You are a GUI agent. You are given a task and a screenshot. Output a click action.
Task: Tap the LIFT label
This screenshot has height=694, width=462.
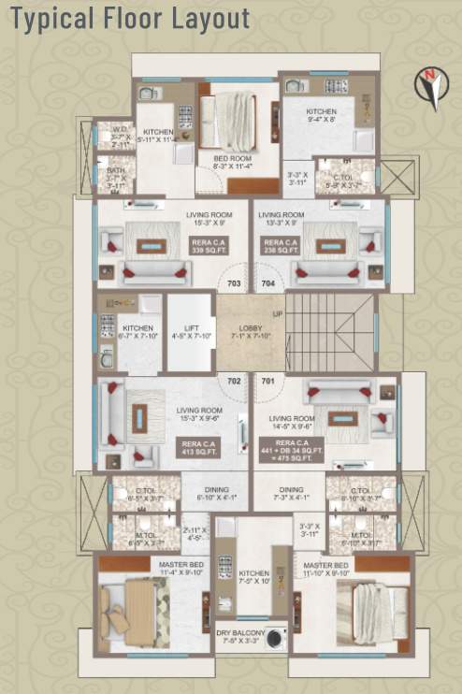pos(192,331)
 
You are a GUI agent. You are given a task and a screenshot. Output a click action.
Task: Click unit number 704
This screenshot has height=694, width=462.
pos(267,282)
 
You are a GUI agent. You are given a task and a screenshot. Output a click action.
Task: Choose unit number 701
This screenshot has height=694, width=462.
pos(267,381)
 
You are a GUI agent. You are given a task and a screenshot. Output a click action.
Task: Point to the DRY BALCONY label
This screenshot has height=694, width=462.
pos(239,636)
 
